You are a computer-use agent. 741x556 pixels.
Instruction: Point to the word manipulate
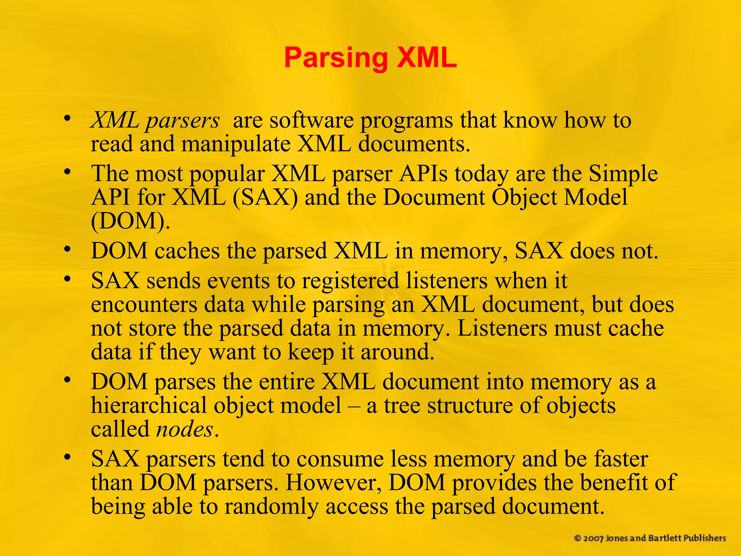(236, 144)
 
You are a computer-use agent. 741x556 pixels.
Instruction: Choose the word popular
(227, 174)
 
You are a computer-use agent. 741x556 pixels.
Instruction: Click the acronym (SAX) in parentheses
(266, 198)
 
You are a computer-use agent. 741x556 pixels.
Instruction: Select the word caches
(187, 250)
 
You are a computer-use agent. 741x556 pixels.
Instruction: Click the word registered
(350, 281)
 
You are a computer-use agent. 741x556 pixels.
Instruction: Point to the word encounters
(144, 305)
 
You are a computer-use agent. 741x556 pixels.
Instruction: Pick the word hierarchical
(149, 405)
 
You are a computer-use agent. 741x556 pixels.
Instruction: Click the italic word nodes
(185, 430)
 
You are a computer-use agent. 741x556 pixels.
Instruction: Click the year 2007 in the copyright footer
(593, 539)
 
